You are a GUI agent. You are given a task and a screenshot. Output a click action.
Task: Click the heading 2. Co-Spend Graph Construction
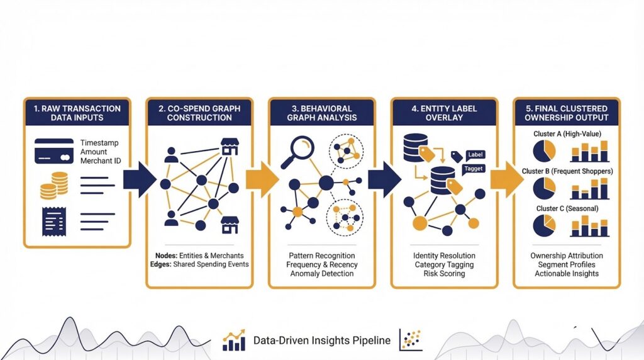tap(199, 113)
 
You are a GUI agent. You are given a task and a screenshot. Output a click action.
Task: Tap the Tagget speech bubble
tap(473, 168)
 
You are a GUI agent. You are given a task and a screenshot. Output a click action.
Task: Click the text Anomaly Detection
tap(322, 274)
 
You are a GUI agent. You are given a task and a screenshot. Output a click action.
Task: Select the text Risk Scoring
tap(444, 274)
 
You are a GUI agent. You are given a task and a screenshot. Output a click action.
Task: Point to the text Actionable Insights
tap(567, 274)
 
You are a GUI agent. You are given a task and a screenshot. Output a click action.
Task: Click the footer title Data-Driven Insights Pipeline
tap(321, 340)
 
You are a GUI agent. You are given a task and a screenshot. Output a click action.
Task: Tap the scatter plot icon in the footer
tap(411, 340)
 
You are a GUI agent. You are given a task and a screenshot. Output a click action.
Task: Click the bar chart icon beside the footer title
tap(234, 341)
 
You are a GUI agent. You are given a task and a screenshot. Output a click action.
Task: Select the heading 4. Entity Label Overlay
tap(444, 113)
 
